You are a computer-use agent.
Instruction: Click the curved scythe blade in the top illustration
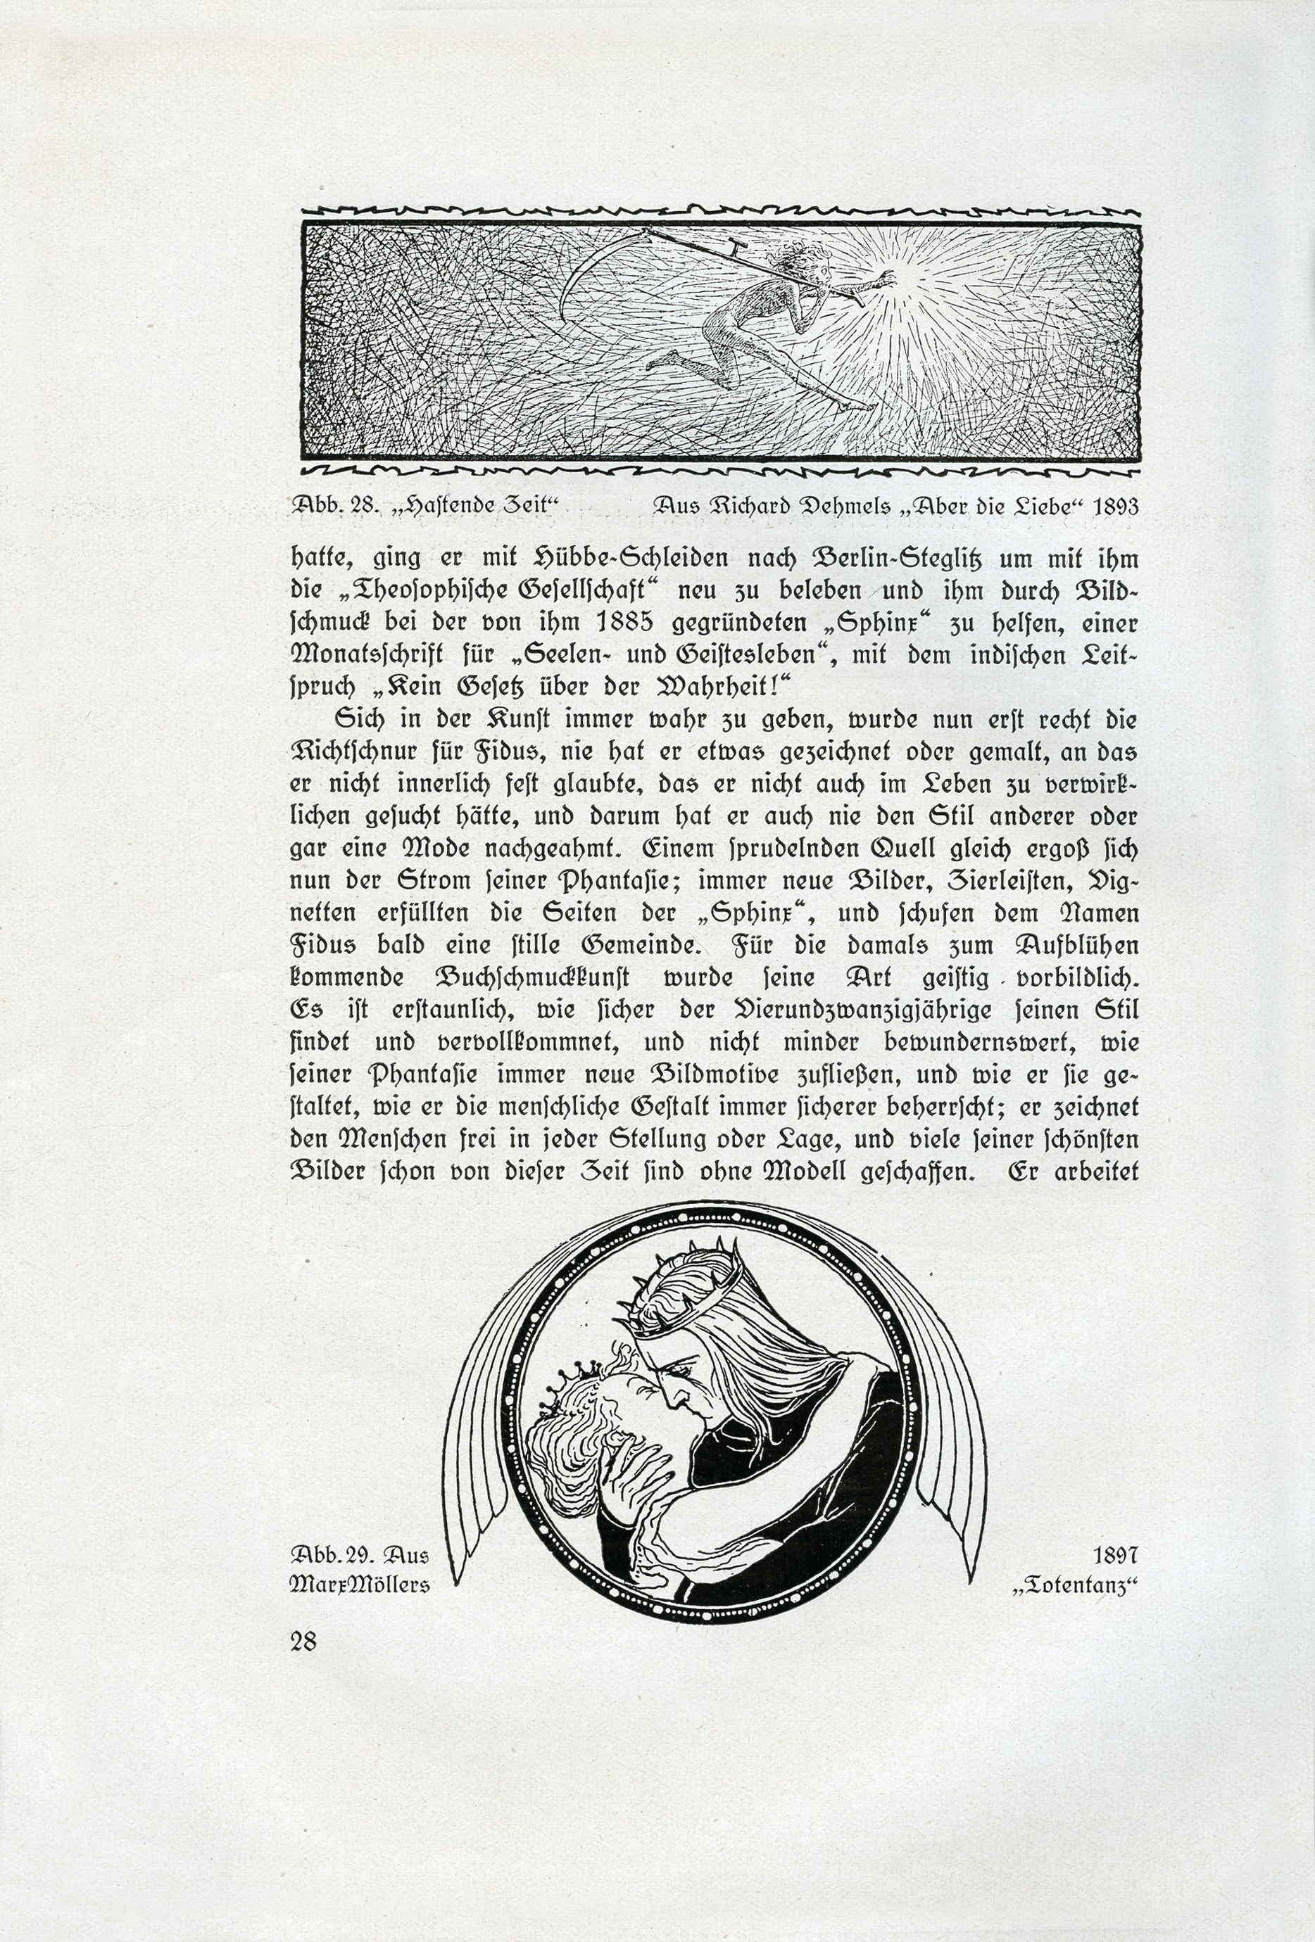tap(585, 267)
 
